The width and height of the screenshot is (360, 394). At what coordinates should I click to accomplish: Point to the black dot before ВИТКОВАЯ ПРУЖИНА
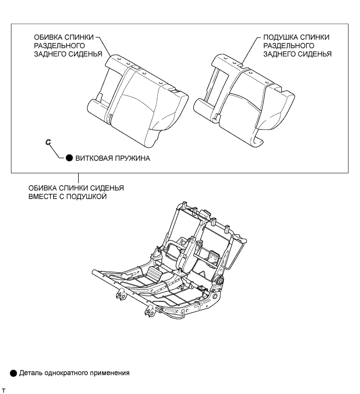pos(69,159)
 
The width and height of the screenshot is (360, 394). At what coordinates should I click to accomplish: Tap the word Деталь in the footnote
pos(31,373)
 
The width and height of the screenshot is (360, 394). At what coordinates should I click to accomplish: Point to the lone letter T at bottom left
pos(4,389)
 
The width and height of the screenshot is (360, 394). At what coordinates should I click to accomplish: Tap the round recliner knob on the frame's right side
pos(218,281)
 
